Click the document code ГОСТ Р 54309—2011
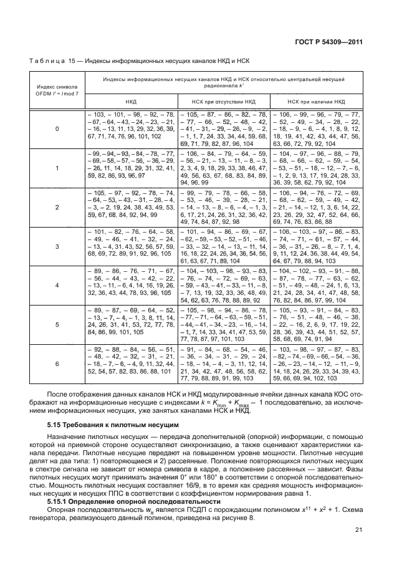coord(335,42)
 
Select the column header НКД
coord(132,100)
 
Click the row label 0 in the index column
coord(57,128)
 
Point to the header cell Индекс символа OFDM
coord(57,91)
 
